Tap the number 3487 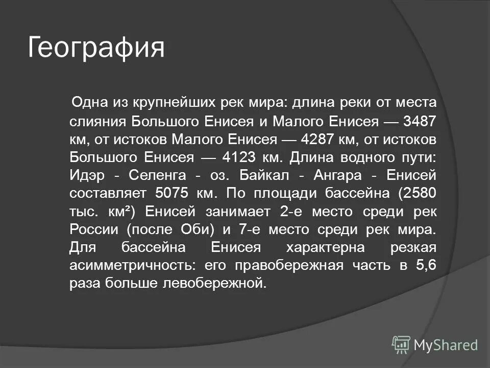(x=420, y=121)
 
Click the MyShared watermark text (x=446, y=344)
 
